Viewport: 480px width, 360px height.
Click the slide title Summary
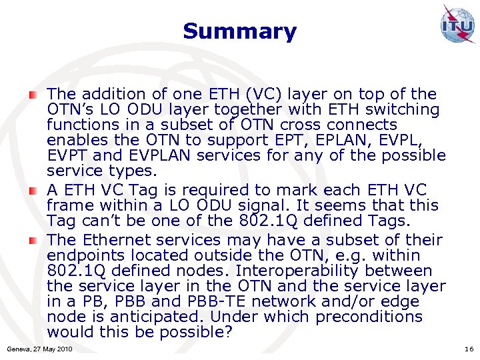[x=239, y=31]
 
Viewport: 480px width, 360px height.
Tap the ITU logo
[x=457, y=25]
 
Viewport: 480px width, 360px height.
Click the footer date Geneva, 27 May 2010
[x=39, y=349]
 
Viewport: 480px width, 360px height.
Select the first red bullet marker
[x=33, y=95]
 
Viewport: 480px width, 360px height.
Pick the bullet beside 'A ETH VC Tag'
[x=33, y=191]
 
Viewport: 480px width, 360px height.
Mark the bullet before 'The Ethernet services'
[x=33, y=240]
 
